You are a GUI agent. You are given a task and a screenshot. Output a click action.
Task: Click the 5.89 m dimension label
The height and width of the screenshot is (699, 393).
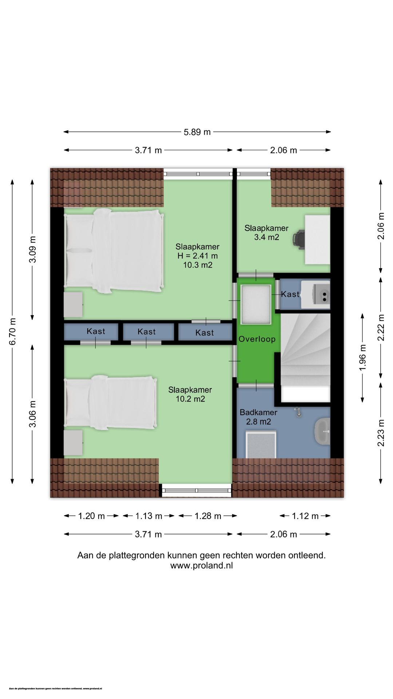click(x=197, y=132)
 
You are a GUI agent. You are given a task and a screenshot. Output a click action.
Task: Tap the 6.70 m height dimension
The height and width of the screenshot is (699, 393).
click(x=13, y=331)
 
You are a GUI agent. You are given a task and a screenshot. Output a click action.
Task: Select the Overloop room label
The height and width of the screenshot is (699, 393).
click(x=257, y=339)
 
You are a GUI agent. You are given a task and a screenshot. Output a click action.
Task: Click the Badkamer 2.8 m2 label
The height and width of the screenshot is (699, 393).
click(x=258, y=417)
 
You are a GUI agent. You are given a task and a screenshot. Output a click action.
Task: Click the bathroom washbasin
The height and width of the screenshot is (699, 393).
click(x=322, y=431)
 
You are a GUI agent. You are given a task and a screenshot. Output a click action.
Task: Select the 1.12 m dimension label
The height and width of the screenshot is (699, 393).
click(x=305, y=516)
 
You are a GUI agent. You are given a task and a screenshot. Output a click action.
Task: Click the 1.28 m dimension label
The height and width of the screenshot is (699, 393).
click(x=208, y=516)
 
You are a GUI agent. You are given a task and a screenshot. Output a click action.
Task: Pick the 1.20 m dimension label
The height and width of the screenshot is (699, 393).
click(x=91, y=516)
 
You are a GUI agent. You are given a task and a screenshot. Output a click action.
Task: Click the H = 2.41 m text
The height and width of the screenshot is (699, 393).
click(x=198, y=256)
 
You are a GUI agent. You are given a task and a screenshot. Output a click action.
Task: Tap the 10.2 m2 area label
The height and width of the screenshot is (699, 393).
click(x=190, y=399)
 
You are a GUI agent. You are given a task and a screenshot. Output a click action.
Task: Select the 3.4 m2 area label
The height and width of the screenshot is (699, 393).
click(x=266, y=237)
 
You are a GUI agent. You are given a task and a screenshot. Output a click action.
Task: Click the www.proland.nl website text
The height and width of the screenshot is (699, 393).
click(x=202, y=565)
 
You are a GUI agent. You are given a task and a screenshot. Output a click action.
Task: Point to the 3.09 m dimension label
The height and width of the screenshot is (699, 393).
click(x=33, y=249)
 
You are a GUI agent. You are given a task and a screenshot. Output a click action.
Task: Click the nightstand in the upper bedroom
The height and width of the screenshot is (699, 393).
click(x=73, y=304)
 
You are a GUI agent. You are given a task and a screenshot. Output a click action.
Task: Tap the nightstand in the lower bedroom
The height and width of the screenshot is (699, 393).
click(x=73, y=443)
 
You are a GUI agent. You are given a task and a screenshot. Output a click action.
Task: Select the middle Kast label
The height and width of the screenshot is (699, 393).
click(x=147, y=332)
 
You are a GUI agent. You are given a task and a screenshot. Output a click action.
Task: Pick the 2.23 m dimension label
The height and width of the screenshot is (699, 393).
click(x=381, y=433)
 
